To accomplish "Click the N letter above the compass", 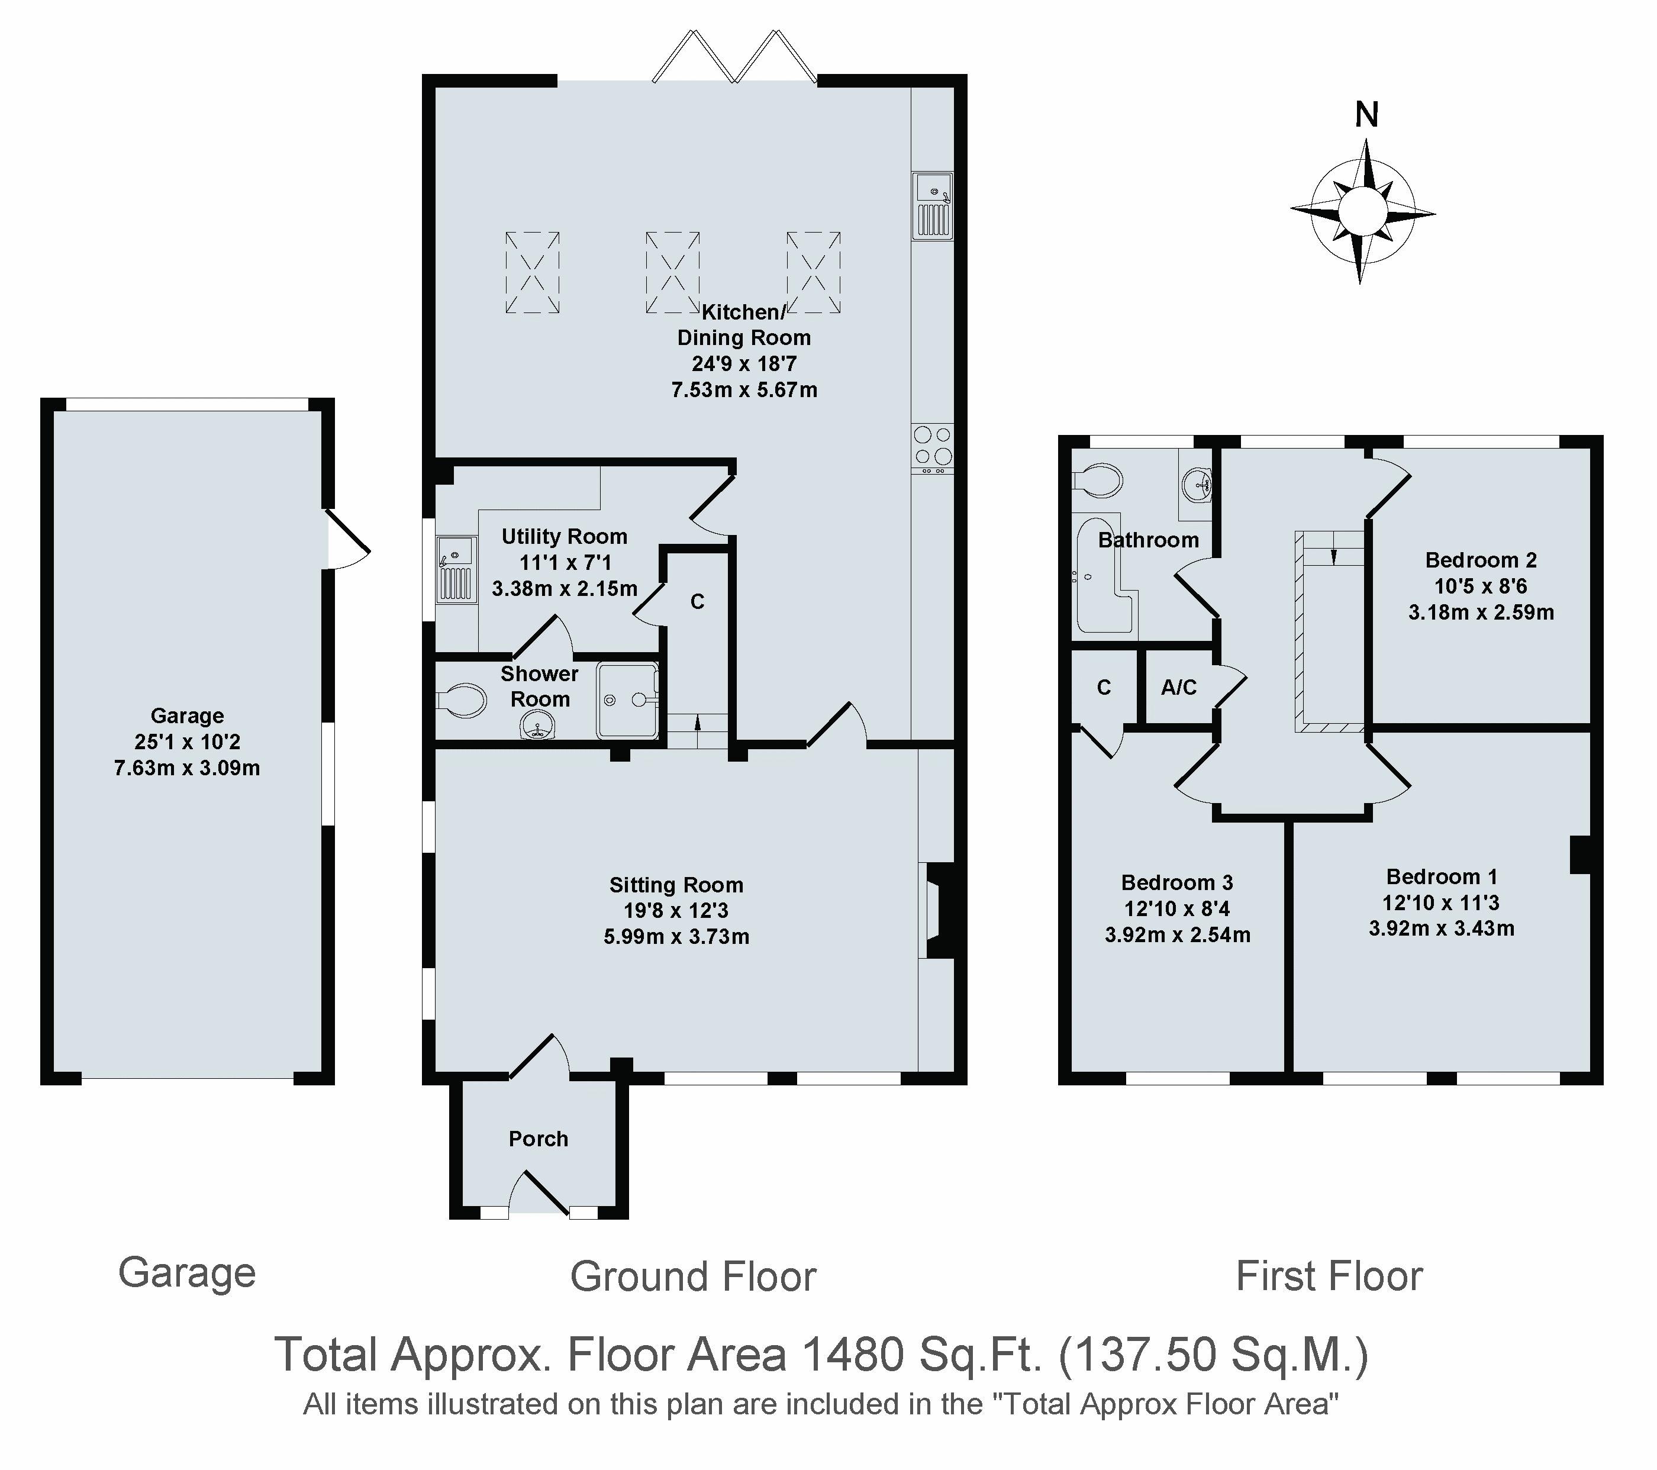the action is click(1367, 115).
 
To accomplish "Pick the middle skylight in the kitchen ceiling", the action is click(672, 272).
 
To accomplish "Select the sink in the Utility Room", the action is click(456, 569).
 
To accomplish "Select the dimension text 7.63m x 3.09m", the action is click(187, 768).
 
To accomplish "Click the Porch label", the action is click(539, 1139).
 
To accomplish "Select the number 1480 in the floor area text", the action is click(853, 1354).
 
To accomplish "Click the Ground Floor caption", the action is click(693, 1277).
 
